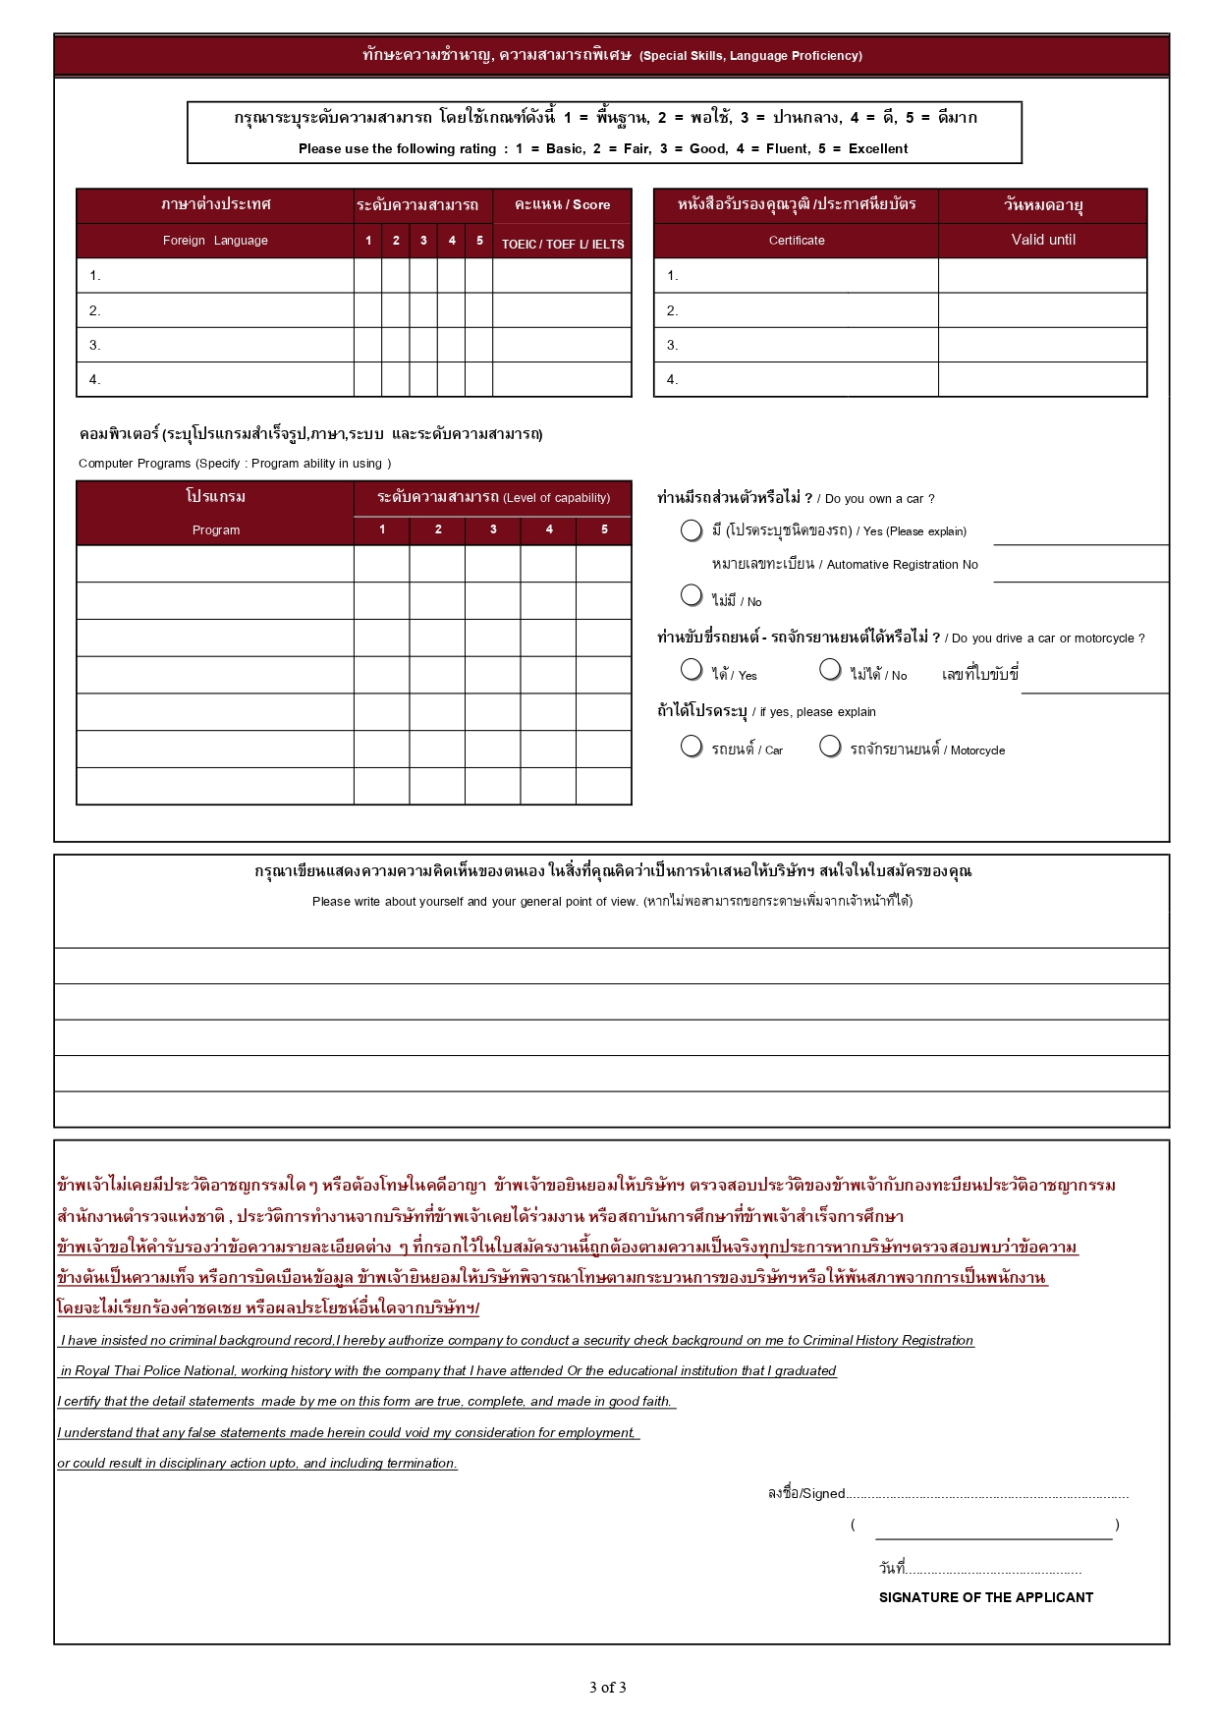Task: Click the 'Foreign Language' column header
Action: pos(215,241)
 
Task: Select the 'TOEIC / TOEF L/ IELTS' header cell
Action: pos(563,245)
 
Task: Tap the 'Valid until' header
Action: pos(1043,240)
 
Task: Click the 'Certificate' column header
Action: pos(797,241)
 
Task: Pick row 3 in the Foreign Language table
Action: pos(215,346)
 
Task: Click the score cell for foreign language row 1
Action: pos(562,276)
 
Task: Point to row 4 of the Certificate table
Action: pos(796,380)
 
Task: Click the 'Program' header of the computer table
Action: pos(215,530)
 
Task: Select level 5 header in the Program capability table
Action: pos(604,529)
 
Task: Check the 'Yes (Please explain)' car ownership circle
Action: pos(692,530)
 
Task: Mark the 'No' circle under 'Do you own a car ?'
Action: pos(692,595)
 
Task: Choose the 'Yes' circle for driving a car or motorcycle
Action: pos(692,669)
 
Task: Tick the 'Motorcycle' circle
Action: pos(830,747)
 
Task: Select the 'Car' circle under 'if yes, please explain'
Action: pos(692,747)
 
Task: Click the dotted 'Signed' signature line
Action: pos(987,1495)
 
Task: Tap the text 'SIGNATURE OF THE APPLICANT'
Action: pos(985,1597)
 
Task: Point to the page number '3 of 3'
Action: pos(607,1688)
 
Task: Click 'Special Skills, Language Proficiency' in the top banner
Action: pos(750,56)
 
